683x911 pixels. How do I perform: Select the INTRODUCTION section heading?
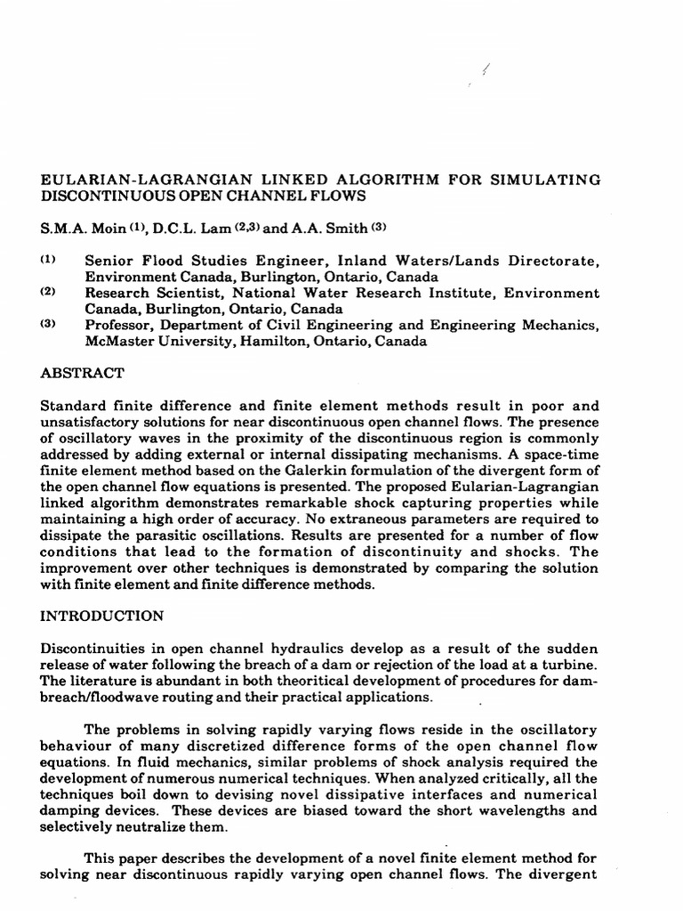click(102, 615)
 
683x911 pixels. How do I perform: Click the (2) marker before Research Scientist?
click(49, 292)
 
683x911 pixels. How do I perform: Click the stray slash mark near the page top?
click(486, 70)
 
